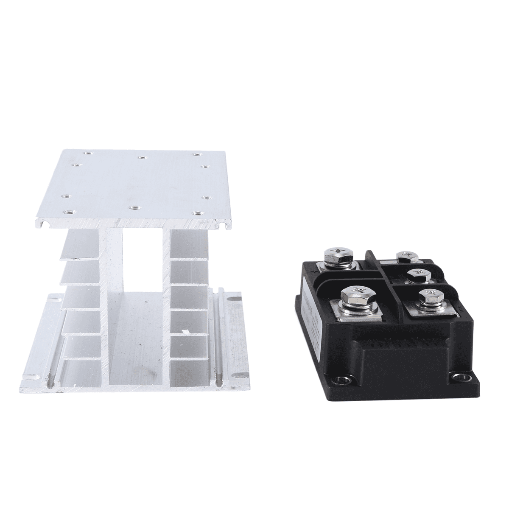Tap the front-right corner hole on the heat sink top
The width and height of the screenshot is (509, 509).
point(196,213)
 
